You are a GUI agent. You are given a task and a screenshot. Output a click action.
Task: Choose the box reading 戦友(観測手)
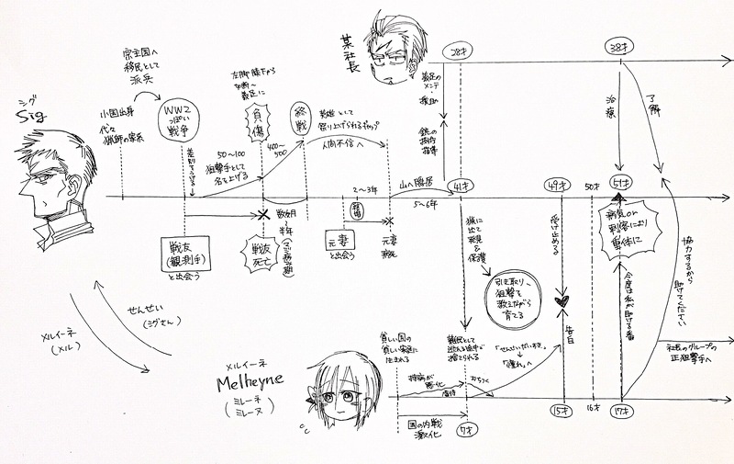coord(184,254)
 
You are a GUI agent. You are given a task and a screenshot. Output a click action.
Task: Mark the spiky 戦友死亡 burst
coord(265,251)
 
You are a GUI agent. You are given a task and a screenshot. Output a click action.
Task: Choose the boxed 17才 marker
coord(620,411)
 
